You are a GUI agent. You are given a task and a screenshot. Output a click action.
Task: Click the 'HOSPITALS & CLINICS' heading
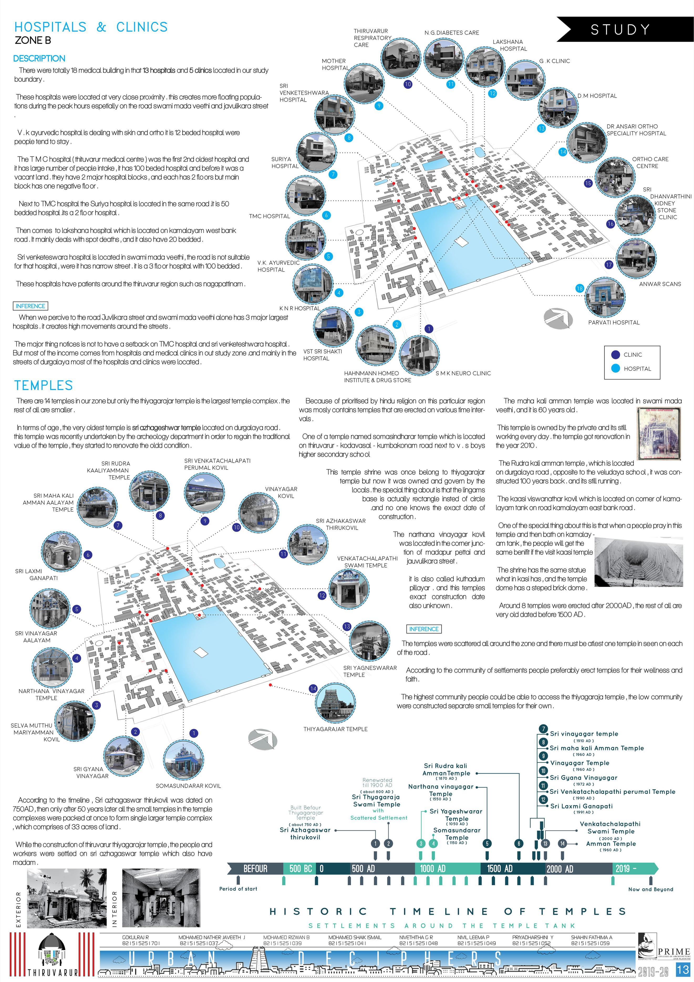coord(91,27)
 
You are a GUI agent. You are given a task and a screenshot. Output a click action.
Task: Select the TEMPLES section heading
coord(43,385)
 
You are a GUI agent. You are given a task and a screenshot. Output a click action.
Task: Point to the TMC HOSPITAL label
coord(270,216)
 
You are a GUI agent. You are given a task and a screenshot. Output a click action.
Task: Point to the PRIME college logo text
coord(674,951)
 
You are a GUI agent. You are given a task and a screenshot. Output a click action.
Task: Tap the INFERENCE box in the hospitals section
coord(30,306)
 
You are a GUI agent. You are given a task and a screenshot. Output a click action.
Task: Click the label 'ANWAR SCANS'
coord(660,284)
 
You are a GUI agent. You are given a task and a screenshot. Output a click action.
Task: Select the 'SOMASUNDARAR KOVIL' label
coord(188,786)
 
